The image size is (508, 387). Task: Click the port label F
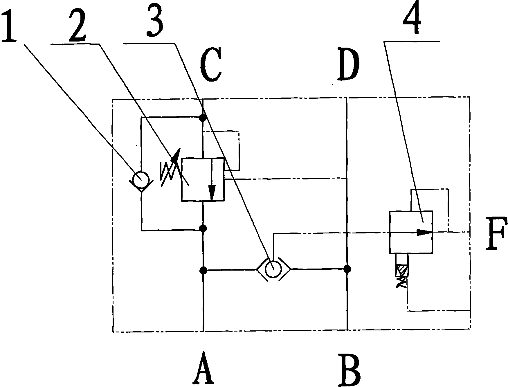point(497,233)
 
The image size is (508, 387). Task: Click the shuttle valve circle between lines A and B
point(273,269)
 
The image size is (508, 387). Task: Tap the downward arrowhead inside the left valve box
point(212,192)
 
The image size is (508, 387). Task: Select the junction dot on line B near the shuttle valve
point(347,269)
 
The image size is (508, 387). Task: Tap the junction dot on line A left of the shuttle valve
point(203,270)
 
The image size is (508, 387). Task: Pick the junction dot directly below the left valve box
point(203,228)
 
